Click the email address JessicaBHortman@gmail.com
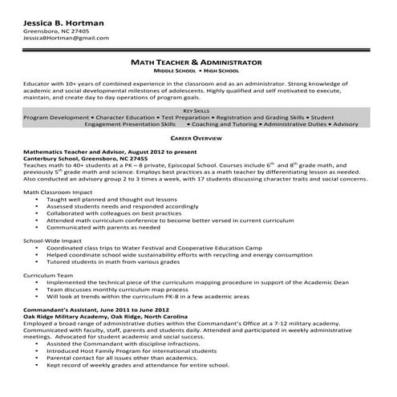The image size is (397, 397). [64, 38]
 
